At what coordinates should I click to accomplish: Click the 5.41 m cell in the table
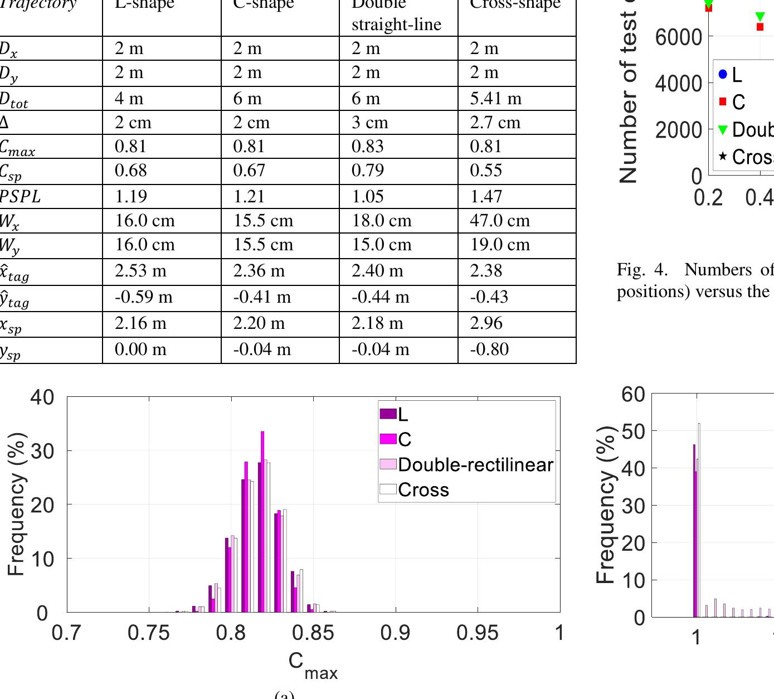point(495,99)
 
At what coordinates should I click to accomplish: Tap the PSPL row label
point(20,197)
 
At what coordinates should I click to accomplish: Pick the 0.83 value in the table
point(367,147)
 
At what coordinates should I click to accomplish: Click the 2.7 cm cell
point(495,123)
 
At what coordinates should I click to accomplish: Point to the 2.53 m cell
point(140,271)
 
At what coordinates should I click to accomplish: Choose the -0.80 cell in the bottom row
point(489,349)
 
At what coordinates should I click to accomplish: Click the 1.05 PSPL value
point(367,197)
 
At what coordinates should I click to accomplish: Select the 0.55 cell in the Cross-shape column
point(485,171)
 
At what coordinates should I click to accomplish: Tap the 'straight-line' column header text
point(396,25)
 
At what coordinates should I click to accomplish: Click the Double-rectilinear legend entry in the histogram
point(475,464)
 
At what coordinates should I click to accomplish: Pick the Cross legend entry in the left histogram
point(423,489)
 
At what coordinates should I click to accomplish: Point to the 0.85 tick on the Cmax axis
point(313,633)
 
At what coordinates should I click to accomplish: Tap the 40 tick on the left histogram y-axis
point(42,397)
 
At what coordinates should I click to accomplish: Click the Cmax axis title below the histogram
point(313,665)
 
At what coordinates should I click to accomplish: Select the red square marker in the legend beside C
point(723,101)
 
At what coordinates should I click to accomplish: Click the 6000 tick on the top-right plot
point(678,37)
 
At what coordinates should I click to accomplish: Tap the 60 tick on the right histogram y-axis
point(633,394)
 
